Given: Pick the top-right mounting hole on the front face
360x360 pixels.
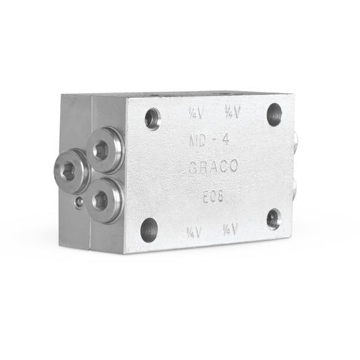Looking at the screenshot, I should tap(274, 113).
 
